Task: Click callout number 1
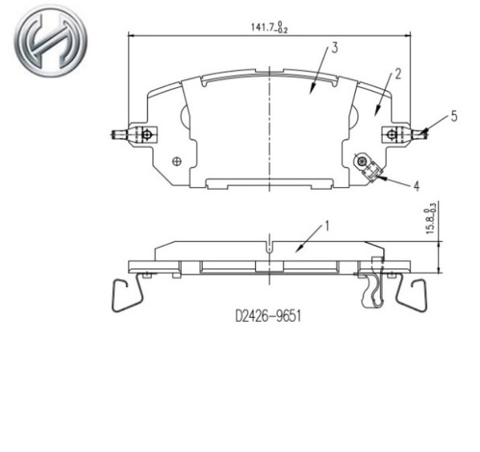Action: [327, 226]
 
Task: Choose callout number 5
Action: [454, 116]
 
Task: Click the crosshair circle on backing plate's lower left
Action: [177, 160]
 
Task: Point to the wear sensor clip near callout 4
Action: [367, 166]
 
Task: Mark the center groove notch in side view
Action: [269, 246]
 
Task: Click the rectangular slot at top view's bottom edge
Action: [269, 182]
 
